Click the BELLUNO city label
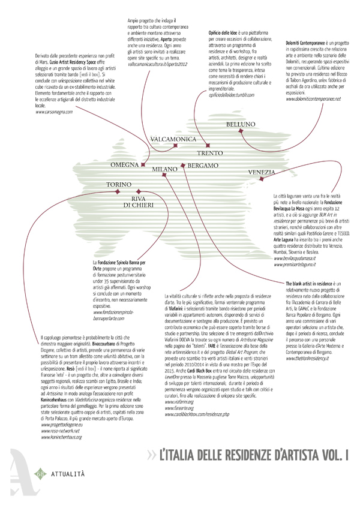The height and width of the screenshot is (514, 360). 240,124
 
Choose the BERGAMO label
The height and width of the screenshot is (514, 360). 202,165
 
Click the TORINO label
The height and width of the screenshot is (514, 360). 119,185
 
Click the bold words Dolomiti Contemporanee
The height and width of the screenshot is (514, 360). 308,43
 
